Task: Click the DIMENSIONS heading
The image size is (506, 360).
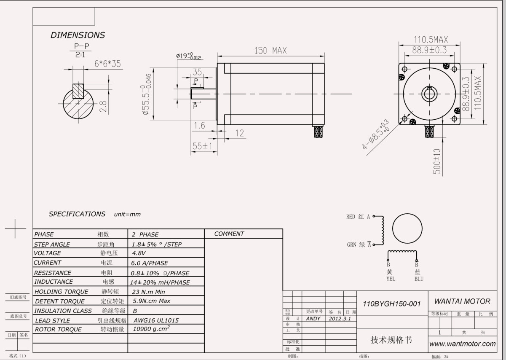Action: [78, 35]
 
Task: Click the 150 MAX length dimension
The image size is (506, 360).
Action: [270, 51]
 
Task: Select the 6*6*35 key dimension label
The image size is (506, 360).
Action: [107, 64]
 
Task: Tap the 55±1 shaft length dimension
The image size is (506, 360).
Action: [202, 146]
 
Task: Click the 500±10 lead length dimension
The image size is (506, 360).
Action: [437, 161]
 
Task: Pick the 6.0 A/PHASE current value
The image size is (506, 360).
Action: [150, 263]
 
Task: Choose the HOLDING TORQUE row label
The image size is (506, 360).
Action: [61, 292]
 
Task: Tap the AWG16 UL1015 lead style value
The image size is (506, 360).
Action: [155, 320]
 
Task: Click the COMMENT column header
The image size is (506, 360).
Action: [229, 234]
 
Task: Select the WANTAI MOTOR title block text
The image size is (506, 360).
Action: [462, 301]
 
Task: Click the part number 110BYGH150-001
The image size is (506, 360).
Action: [391, 304]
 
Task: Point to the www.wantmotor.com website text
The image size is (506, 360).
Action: [462, 344]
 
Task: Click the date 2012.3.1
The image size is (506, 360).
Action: [340, 319]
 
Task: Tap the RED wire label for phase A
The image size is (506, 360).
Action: [351, 217]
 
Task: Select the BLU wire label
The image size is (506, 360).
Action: [418, 279]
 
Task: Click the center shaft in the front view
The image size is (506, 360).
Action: [429, 93]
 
